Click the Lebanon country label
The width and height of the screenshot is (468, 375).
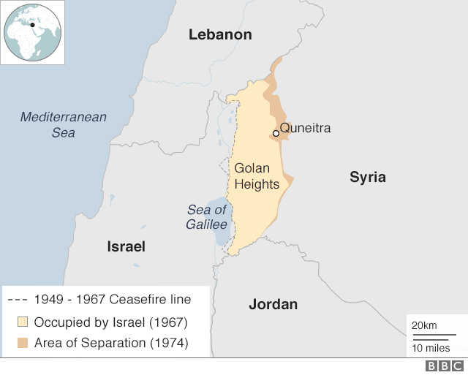pos(220,34)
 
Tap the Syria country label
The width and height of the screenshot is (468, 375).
pos(367,177)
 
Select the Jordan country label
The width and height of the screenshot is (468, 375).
pos(273,304)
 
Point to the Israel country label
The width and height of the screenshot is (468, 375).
pos(126,246)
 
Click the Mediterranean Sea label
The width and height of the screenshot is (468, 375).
pos(64,124)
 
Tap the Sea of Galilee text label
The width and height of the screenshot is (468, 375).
pos(207,217)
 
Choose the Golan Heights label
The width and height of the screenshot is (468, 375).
pos(257,176)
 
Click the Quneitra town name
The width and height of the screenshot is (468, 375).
pos(306,128)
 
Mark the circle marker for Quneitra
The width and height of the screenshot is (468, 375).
pos(276,133)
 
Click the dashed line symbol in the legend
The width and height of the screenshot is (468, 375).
pos(18,300)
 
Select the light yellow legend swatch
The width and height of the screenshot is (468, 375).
pos(22,322)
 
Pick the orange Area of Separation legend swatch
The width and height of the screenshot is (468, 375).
pos(22,343)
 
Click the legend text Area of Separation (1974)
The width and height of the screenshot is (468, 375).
pos(111,343)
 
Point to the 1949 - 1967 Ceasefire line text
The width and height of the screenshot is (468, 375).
pos(113,299)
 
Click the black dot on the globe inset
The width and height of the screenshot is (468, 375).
pos(32,25)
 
